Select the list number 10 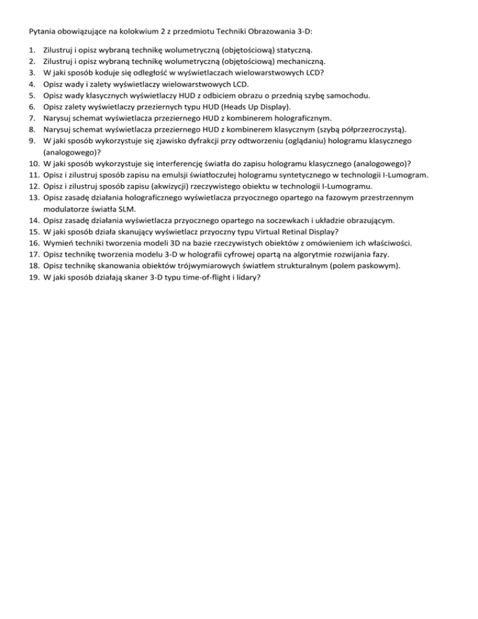[34, 163]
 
